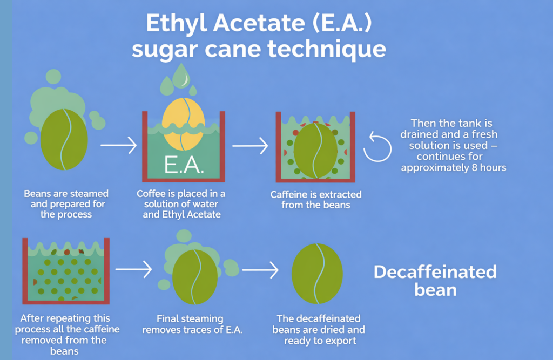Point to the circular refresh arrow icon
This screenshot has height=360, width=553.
click(377, 147)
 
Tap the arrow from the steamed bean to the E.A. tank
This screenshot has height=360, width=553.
click(119, 145)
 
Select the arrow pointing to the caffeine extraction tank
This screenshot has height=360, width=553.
click(250, 145)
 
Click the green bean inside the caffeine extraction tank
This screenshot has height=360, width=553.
click(315, 151)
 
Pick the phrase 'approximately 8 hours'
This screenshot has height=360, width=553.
click(453, 168)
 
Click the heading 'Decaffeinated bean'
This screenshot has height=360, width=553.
click(435, 280)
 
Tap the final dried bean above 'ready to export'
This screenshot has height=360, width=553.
click(318, 273)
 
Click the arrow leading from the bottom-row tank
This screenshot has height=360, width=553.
click(133, 269)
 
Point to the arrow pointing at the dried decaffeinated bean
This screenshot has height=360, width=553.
click(260, 270)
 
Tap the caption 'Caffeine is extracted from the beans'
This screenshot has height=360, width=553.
click(316, 200)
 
